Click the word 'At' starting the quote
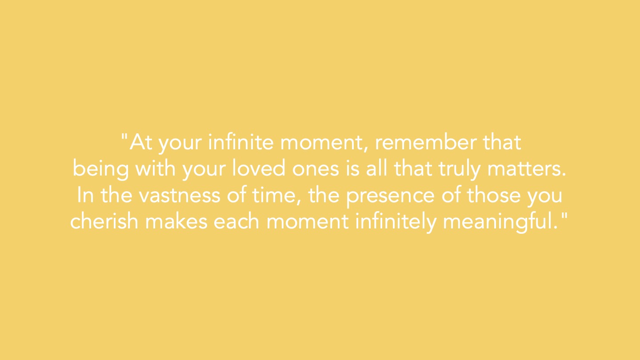pyautogui.click(x=141, y=142)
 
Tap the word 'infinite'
pyautogui.click(x=241, y=142)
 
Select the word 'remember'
pyautogui.click(x=426, y=142)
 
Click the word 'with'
pyautogui.click(x=155, y=168)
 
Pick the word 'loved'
pyautogui.click(x=259, y=168)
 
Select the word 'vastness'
pyautogui.click(x=180, y=196)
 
